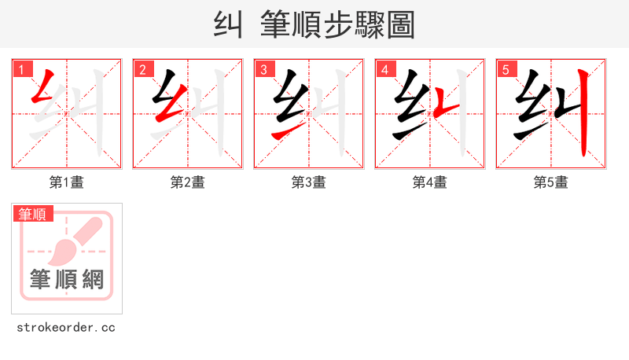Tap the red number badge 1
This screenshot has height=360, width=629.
coord(21,69)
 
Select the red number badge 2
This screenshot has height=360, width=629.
coord(142,69)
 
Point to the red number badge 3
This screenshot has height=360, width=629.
coord(263,69)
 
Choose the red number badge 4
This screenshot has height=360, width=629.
coord(384,69)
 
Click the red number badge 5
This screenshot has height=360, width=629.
coord(506,69)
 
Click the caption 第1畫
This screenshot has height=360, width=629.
coord(66,182)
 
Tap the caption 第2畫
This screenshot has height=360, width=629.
coord(187,182)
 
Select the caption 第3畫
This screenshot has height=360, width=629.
coord(308,182)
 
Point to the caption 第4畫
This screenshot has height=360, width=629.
coord(429,182)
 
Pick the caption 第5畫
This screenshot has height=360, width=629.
coord(550,182)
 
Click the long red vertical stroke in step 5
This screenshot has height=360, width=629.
coord(583,114)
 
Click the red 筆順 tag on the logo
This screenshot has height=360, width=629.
coord(33,214)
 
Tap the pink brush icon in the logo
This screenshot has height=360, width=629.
coord(75,240)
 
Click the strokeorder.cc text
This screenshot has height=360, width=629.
coord(66,327)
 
